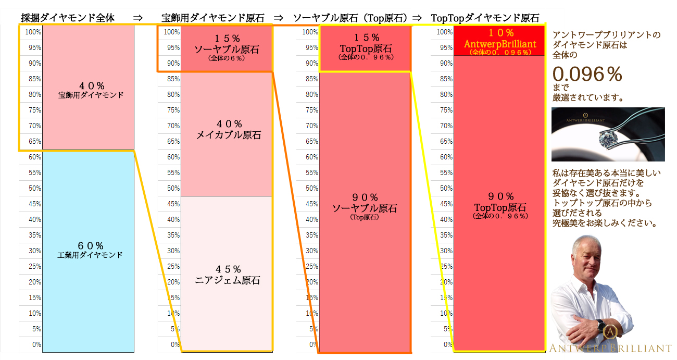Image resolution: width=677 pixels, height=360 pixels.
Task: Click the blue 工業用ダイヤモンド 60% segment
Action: (x=89, y=251)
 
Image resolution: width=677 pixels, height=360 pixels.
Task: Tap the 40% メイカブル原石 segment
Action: (x=227, y=130)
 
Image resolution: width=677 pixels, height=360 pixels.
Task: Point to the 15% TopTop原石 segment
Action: (x=365, y=47)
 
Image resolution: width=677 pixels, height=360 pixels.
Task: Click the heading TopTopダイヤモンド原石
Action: (x=485, y=18)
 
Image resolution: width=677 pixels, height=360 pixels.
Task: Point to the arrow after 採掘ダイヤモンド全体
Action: (x=137, y=18)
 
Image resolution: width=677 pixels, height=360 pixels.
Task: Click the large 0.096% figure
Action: (x=587, y=75)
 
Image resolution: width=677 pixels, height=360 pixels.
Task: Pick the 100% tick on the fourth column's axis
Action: (x=445, y=32)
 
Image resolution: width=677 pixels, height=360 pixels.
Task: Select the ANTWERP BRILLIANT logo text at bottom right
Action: (x=611, y=347)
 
